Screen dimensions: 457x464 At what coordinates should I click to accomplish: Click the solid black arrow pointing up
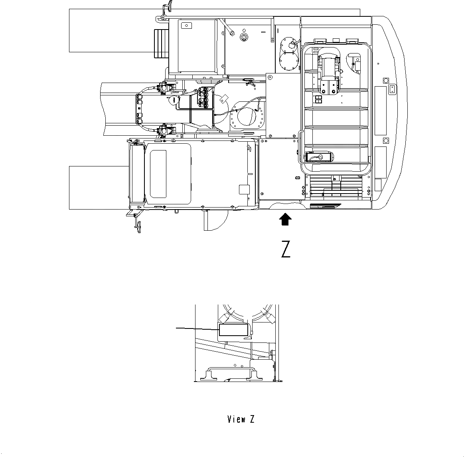tap(285, 219)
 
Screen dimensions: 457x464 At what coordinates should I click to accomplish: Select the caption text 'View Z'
tap(241, 419)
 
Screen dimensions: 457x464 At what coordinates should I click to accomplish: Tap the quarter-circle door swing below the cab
tap(213, 220)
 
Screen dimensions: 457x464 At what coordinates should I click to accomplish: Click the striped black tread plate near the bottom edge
tap(325, 206)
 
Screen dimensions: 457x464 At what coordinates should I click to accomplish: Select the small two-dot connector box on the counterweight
tap(392, 89)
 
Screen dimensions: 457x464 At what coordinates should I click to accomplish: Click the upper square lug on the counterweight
tap(385, 80)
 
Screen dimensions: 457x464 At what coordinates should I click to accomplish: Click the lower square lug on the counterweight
tap(385, 140)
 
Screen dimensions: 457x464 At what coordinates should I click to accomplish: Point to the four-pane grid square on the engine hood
tap(318, 99)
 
